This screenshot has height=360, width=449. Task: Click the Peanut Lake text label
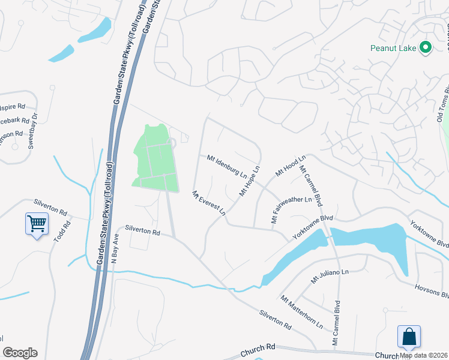(394, 47)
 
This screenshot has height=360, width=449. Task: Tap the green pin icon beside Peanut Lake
(426, 47)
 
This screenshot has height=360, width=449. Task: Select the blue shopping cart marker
(37, 225)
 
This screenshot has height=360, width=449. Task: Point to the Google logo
(20, 352)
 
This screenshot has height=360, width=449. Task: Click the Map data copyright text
(424, 355)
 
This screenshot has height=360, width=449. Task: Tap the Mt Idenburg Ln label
(227, 167)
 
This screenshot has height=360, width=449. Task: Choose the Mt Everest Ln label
(208, 203)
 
